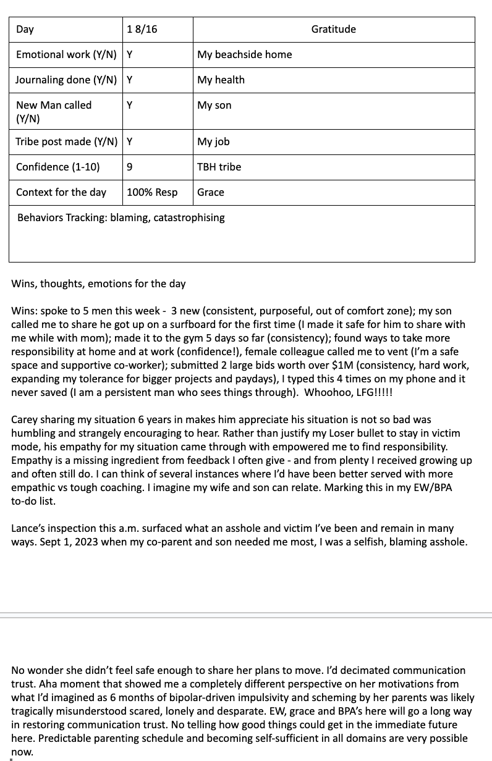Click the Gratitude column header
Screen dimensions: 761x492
[x=333, y=29]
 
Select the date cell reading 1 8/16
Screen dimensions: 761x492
[x=142, y=29]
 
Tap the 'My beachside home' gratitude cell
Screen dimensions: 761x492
[x=244, y=54]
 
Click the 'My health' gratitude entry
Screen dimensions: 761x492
[x=221, y=80]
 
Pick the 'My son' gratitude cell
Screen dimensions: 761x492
[x=214, y=105]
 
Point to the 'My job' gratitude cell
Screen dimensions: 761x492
[x=213, y=141]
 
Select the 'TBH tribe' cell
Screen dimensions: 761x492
[x=219, y=167]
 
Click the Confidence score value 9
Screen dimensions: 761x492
[x=130, y=167]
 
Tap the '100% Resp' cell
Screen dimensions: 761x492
[x=152, y=192]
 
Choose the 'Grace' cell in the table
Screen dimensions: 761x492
[x=211, y=192]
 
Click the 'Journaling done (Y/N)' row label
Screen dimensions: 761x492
[x=66, y=80]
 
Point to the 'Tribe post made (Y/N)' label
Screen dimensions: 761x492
[x=66, y=141]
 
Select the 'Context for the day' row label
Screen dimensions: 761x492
[x=61, y=192]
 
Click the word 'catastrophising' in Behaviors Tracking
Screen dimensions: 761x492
[x=189, y=217]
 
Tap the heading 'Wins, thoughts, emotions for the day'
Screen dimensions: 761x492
[x=98, y=284]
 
